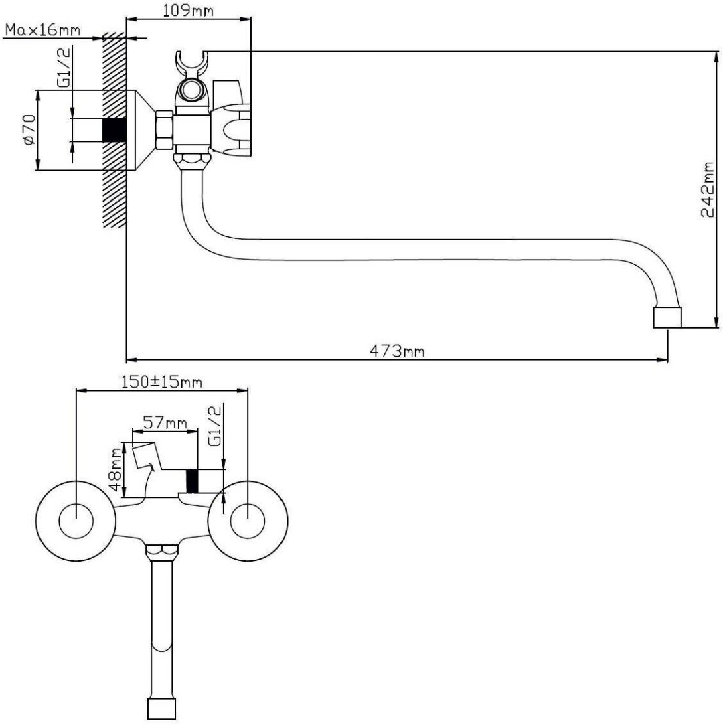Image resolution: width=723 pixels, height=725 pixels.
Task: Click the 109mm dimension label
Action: coord(187,10)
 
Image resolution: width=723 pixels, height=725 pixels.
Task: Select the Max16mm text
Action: coord(43,30)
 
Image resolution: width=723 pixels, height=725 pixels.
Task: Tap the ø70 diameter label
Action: coord(29,131)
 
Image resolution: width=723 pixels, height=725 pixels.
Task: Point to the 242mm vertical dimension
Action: coord(708,189)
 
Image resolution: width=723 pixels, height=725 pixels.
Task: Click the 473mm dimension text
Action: coord(396,351)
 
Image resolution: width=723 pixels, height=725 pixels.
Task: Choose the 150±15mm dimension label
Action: coord(161,382)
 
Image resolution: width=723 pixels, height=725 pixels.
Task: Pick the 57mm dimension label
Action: coord(165,422)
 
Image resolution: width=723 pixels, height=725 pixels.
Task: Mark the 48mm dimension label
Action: coord(116,470)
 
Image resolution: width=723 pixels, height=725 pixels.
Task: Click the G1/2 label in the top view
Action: coord(65,67)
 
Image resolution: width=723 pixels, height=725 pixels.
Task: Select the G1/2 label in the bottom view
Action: coord(215,426)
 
